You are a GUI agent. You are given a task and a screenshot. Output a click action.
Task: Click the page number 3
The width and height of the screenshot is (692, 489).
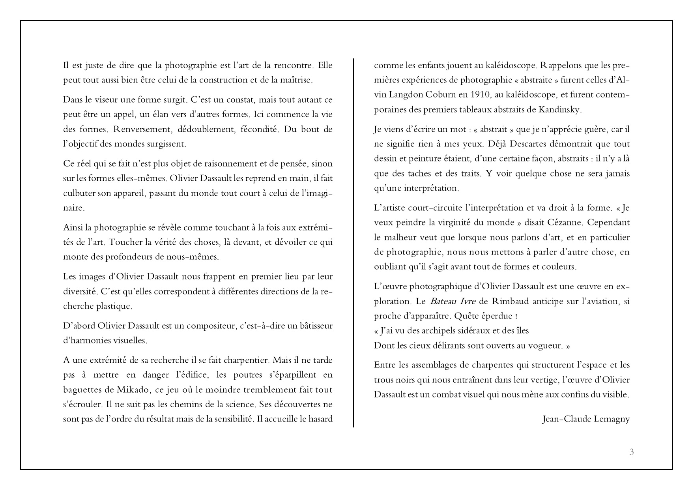coord(632,452)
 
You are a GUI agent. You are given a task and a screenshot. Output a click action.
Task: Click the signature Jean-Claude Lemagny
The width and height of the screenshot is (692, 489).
coord(586,419)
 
